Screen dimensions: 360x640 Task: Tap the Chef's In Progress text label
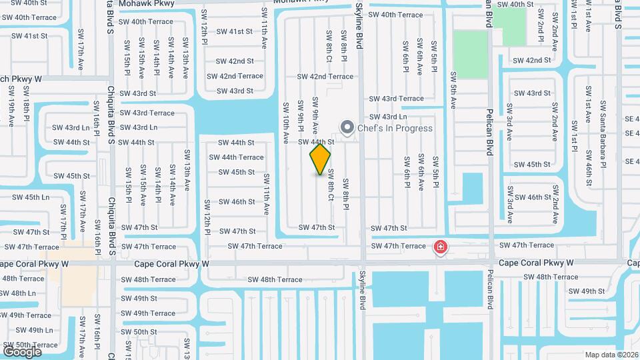395,128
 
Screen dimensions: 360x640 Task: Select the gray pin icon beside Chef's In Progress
347,127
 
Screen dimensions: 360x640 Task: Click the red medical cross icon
440,248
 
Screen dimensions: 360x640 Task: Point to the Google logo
22,351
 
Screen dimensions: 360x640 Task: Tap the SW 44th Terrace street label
236,157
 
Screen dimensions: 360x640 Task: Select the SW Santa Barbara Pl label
603,134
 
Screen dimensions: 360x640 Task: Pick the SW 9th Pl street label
300,115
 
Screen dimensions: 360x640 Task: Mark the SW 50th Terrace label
29,345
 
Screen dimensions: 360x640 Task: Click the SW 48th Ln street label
18,293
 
